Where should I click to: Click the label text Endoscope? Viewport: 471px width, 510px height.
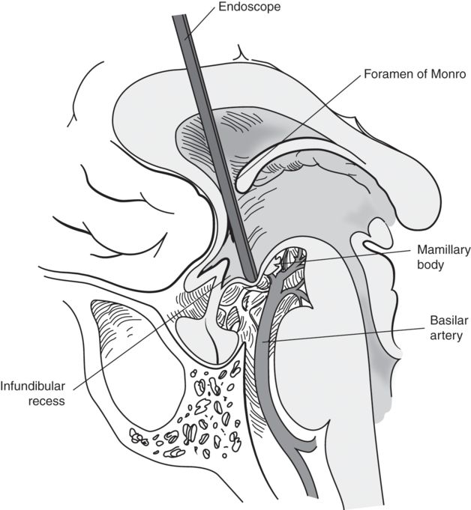coord(249,7)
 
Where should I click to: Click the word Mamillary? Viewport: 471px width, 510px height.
coord(444,250)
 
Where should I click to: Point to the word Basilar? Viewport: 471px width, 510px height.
coord(445,321)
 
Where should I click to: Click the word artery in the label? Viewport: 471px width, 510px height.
coord(446,336)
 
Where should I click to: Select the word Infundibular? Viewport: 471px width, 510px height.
coord(32,386)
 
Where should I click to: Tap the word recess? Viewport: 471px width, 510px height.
coord(46,401)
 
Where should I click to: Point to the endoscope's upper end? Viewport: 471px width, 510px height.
coord(179,16)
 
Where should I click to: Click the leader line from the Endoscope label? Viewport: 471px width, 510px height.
coord(200,22)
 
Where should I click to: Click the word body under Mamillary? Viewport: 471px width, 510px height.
coord(430,264)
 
